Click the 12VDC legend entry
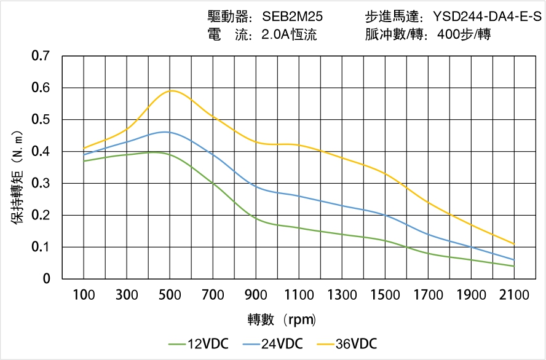click(x=198, y=343)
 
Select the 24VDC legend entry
click(x=272, y=343)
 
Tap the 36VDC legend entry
click(x=347, y=343)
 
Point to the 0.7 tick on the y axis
click(x=42, y=56)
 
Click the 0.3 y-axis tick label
click(x=42, y=183)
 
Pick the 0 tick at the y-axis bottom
click(x=47, y=279)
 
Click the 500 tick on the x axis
click(x=170, y=295)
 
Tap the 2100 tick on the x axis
click(x=514, y=295)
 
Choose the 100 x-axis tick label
click(x=84, y=295)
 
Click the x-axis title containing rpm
click(x=282, y=319)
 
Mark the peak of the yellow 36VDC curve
click(x=172, y=90)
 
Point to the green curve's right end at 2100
click(x=514, y=266)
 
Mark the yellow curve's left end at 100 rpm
click(x=84, y=148)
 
